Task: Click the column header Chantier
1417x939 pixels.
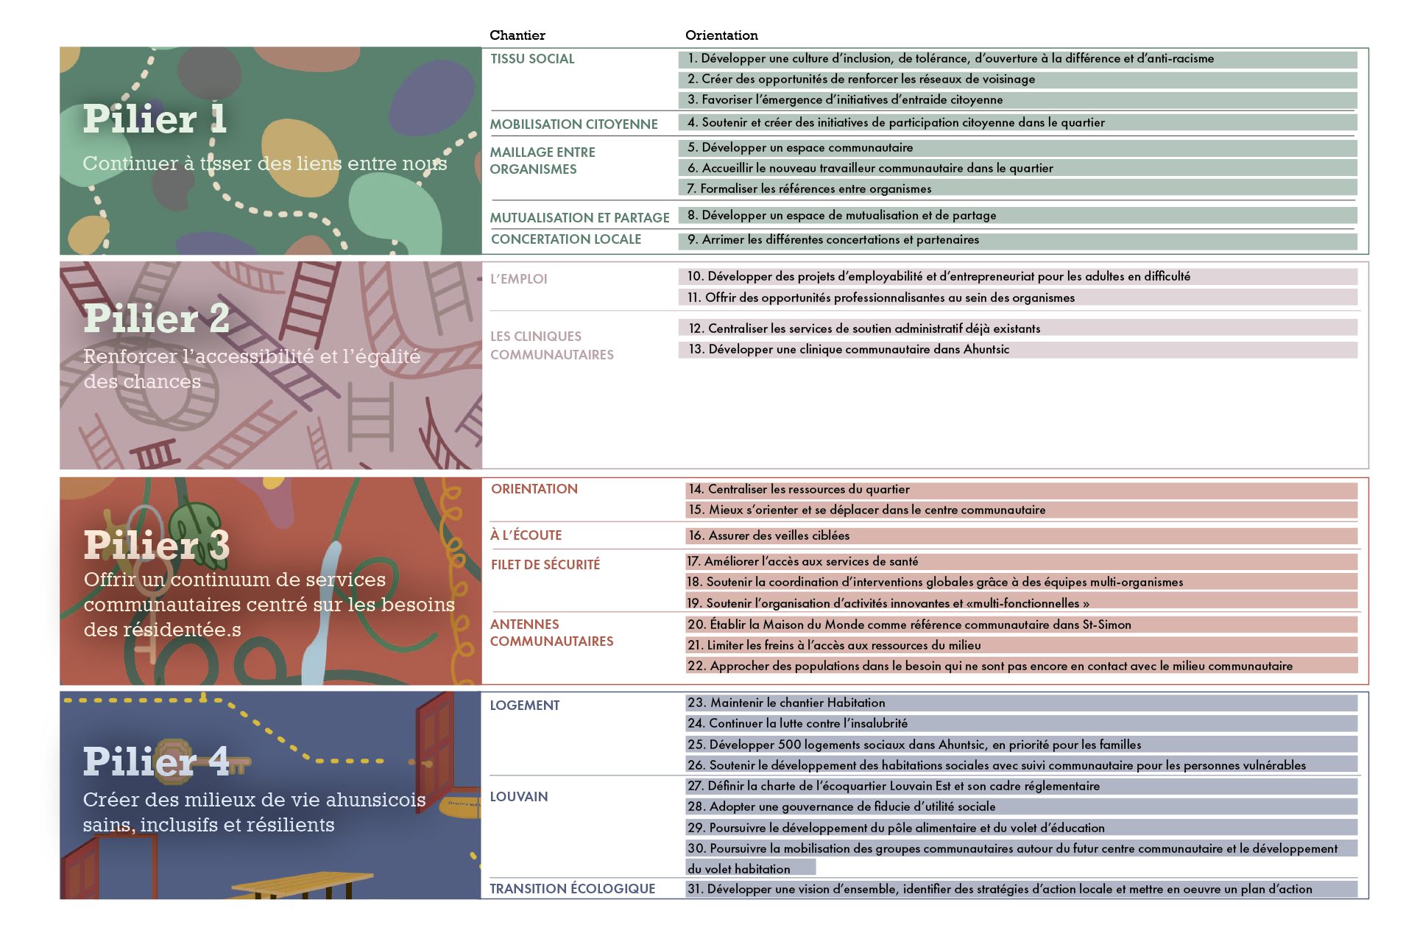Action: tap(517, 35)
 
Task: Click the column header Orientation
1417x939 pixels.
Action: tap(721, 35)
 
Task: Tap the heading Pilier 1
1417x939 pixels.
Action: tap(154, 119)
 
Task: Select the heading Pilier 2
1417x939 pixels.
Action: tap(156, 319)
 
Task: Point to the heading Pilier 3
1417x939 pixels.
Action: tap(156, 546)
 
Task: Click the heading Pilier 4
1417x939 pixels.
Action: tap(156, 762)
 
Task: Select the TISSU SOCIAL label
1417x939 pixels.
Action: tap(532, 59)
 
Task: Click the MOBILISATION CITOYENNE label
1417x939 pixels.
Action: tap(573, 124)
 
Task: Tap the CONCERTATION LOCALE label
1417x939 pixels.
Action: tap(566, 239)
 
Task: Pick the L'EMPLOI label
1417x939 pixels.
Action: tap(518, 279)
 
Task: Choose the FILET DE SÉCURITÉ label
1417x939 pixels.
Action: tap(545, 565)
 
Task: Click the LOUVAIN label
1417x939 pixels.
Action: tap(519, 797)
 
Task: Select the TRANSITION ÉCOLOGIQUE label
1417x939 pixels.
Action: tap(572, 889)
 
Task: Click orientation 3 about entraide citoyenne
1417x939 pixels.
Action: tap(844, 100)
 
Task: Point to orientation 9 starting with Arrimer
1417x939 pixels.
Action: tap(833, 240)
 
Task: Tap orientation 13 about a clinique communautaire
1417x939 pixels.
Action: tap(848, 350)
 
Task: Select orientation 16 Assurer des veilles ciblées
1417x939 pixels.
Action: tap(768, 536)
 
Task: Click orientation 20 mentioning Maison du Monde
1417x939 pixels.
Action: tap(908, 625)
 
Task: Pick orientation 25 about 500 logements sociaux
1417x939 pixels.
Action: tap(914, 745)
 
